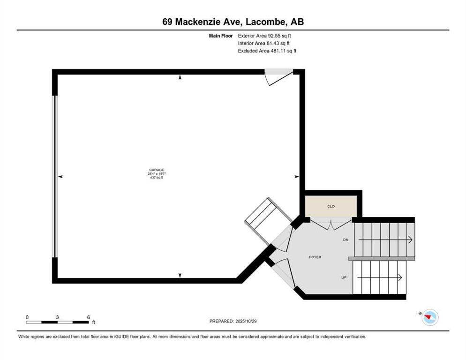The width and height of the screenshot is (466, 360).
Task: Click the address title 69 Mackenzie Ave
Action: click(x=233, y=22)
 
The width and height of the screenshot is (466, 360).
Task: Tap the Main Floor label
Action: click(x=221, y=35)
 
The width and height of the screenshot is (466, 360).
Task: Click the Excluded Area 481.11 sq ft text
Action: click(x=267, y=51)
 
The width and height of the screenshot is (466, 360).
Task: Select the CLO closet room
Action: click(x=331, y=206)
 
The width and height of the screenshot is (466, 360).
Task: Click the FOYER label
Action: click(x=315, y=257)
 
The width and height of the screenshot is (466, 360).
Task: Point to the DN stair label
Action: click(x=346, y=240)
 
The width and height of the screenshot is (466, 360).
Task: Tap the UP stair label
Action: click(x=344, y=277)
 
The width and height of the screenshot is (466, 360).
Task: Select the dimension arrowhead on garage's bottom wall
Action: click(x=180, y=275)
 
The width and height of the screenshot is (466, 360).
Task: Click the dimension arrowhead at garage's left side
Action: click(x=60, y=177)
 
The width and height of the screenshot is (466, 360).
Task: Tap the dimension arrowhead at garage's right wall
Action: click(x=296, y=177)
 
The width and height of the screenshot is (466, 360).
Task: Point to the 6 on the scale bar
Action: click(x=88, y=317)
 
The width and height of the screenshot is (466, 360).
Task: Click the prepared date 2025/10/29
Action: click(x=233, y=321)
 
